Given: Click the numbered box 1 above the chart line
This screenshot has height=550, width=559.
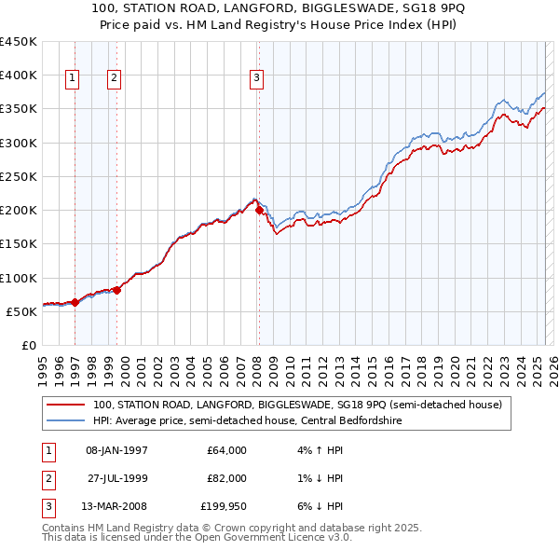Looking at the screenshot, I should click(73, 78).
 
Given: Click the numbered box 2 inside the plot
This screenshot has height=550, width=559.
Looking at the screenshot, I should click(114, 78).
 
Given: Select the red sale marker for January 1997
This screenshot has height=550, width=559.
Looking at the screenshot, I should click(75, 302).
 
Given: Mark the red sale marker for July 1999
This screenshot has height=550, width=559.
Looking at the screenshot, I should click(117, 290).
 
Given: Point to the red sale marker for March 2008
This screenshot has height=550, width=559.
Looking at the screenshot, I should click(259, 211).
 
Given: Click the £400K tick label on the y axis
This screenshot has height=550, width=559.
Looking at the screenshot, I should click(19, 76).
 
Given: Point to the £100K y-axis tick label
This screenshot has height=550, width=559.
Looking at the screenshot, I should click(19, 278).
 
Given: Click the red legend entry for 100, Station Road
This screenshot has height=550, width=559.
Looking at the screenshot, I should click(297, 405).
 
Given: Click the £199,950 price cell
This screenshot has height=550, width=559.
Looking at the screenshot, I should click(224, 507).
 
